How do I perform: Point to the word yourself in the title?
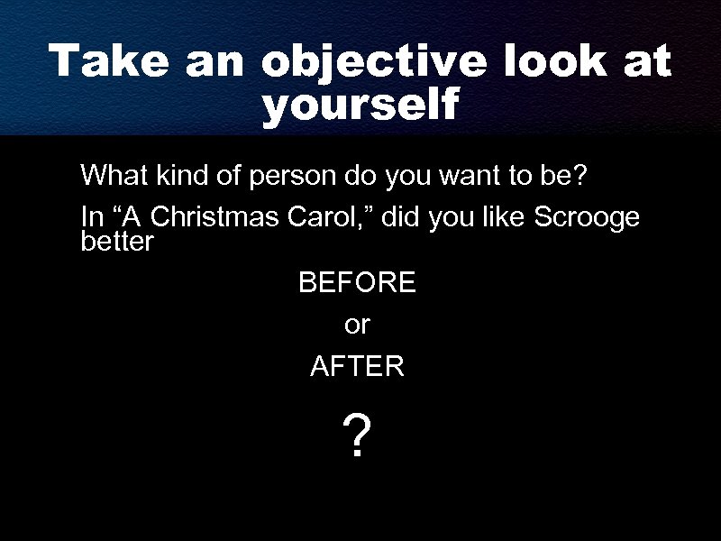point(360,105)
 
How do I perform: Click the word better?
point(117,242)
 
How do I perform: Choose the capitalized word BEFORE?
point(357,283)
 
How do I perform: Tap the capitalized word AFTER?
point(357,366)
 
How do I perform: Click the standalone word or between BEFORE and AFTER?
point(357,325)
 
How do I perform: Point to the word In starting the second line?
point(90,218)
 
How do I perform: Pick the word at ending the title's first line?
point(648,61)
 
